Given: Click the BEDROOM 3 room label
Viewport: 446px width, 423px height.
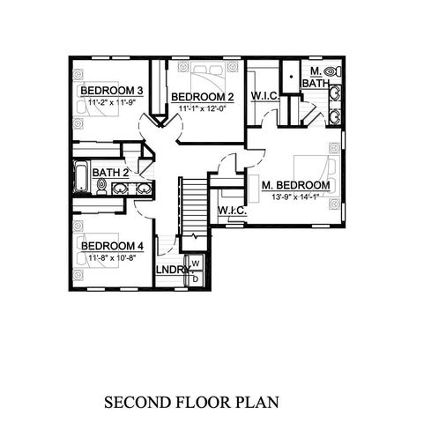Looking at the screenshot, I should [112, 91].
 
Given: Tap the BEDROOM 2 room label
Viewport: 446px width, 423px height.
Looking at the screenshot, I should [202, 97].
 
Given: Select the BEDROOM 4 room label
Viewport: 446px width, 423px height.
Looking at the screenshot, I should [111, 246].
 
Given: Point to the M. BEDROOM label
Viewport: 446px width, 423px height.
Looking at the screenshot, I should [295, 186].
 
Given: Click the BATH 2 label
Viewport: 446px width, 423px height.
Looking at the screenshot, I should [111, 173].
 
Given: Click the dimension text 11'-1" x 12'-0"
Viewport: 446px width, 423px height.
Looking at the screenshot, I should [202, 108].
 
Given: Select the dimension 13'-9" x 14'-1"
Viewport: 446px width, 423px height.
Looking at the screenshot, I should [296, 197].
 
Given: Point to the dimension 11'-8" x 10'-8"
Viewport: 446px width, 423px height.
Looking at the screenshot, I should [111, 257].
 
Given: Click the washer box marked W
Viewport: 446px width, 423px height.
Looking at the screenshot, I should [196, 263].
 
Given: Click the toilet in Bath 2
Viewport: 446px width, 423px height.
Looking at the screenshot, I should [101, 187].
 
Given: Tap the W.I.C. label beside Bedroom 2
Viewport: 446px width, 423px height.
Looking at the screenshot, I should [265, 95].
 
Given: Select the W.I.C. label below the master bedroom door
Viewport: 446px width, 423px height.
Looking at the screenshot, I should [231, 211].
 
